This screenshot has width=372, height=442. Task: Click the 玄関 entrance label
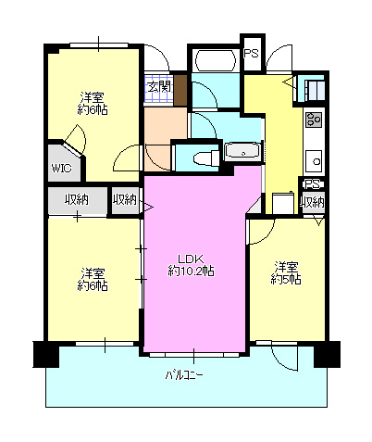(158, 87)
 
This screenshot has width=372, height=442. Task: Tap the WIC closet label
(61, 169)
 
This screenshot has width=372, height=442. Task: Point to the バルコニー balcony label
(184, 375)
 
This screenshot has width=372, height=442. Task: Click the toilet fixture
(206, 158)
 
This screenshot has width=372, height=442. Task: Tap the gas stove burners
(314, 120)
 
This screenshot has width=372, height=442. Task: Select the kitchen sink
(315, 161)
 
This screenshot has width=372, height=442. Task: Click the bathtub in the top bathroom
(215, 60)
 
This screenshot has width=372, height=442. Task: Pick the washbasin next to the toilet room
(243, 151)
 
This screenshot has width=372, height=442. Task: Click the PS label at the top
(251, 53)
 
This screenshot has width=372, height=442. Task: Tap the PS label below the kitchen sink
(312, 184)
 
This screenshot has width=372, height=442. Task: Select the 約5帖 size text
(286, 279)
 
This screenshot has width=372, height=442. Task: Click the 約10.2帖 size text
(192, 271)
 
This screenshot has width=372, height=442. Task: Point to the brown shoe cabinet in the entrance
(180, 90)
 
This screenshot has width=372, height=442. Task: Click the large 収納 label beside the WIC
(77, 200)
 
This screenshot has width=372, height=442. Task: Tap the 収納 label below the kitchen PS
(313, 202)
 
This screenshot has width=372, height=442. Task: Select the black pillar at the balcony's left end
(45, 354)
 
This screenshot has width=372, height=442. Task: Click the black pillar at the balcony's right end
(327, 354)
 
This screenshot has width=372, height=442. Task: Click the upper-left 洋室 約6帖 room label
(93, 104)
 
